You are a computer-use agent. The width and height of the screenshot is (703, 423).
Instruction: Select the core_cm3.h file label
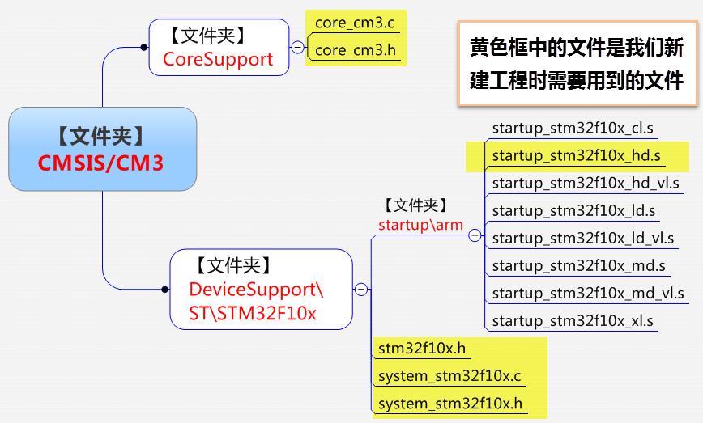pos(355,50)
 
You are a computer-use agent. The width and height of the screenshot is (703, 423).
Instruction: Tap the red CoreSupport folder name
pos(218,59)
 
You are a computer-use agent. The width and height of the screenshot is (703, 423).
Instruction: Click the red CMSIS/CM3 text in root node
pos(100,163)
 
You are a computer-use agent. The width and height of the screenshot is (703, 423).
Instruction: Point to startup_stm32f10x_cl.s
pos(573,129)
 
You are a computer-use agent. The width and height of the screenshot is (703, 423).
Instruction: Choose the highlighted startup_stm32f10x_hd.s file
pos(576,155)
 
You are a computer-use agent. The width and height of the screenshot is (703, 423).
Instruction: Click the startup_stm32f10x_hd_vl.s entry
pos(586,183)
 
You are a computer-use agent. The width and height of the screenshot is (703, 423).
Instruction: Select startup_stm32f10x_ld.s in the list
pos(573,210)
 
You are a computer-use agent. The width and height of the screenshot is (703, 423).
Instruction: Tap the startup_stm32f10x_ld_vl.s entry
pos(583,238)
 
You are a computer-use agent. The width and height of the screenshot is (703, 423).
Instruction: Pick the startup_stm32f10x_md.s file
pos(578,265)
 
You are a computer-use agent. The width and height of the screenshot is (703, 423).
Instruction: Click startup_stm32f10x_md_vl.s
pos(588,293)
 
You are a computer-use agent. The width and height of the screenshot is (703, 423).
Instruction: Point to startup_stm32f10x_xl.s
pos(573,320)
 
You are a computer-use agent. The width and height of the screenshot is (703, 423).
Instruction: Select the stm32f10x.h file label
pos(422,349)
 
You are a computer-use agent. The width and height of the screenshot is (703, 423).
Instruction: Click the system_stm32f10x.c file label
pos(450,376)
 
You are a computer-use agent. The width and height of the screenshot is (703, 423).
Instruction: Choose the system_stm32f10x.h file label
pos(450,404)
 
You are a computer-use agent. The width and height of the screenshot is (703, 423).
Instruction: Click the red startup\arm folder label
pos(420,224)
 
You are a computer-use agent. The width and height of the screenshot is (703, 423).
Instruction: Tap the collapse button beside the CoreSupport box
pos(298,49)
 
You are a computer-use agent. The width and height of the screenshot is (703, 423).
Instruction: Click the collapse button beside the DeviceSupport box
pos(361,290)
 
